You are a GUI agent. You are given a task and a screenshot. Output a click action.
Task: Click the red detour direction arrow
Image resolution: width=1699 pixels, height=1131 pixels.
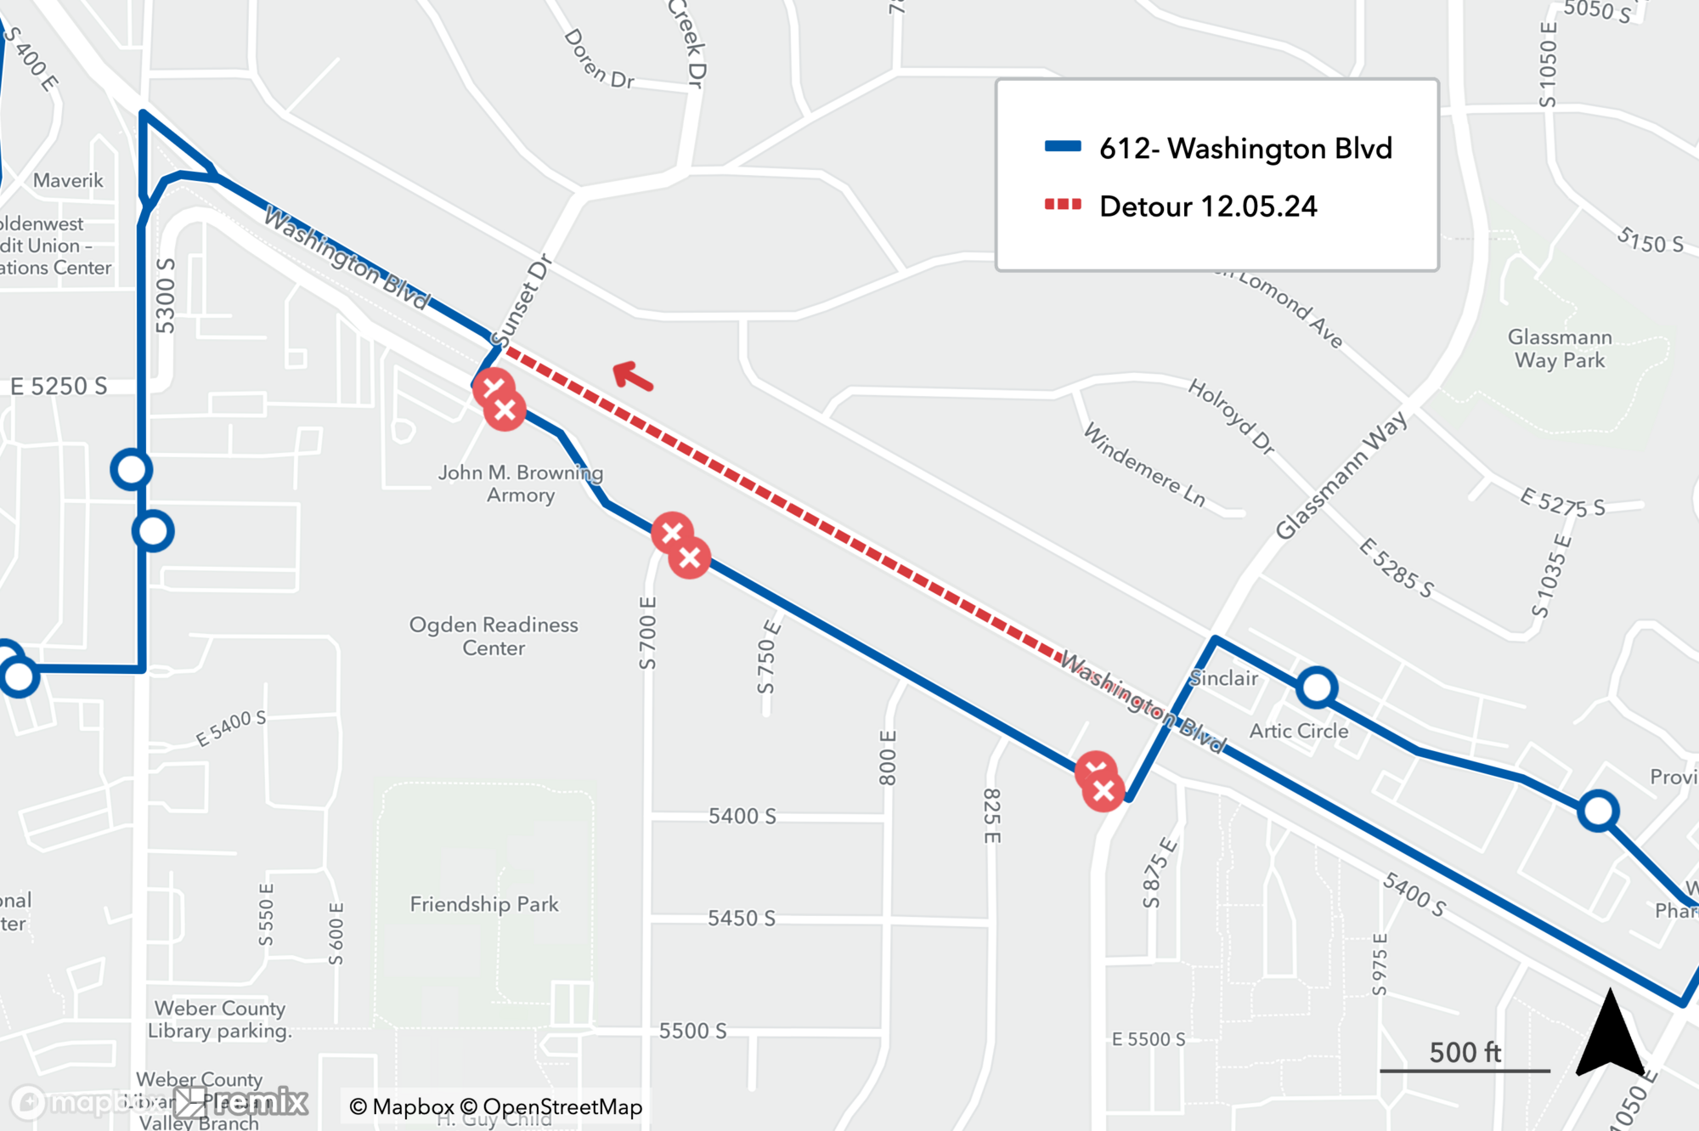pyautogui.click(x=633, y=376)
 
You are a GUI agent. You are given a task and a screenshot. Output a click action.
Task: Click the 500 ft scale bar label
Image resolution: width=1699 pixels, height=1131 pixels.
pyautogui.click(x=1465, y=1052)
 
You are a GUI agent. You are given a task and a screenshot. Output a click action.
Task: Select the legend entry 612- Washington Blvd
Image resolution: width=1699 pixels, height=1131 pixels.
pyautogui.click(x=1245, y=149)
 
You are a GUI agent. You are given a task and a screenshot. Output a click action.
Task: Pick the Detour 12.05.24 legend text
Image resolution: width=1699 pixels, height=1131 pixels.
pyautogui.click(x=1207, y=206)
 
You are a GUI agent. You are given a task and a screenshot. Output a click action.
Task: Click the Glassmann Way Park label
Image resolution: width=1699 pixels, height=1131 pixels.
pyautogui.click(x=1560, y=348)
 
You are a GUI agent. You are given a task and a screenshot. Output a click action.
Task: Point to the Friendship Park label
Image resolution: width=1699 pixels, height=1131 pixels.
pyautogui.click(x=484, y=904)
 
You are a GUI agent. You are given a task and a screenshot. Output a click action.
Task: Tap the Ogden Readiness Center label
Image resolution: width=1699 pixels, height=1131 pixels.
pyautogui.click(x=494, y=636)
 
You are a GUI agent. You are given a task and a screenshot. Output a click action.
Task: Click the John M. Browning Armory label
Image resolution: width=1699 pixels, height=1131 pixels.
pyautogui.click(x=520, y=484)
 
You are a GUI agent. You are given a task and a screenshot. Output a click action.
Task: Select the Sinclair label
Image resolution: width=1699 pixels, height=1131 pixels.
pyautogui.click(x=1223, y=678)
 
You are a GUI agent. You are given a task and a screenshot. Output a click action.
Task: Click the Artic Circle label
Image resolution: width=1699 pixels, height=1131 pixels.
pyautogui.click(x=1298, y=731)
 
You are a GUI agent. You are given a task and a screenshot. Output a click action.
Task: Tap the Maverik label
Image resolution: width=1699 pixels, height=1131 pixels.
pyautogui.click(x=68, y=180)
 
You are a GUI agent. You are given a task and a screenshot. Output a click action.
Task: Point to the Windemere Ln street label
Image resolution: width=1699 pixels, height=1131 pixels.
pyautogui.click(x=1144, y=466)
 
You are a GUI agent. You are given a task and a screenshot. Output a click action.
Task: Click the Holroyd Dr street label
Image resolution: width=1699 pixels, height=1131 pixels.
pyautogui.click(x=1231, y=416)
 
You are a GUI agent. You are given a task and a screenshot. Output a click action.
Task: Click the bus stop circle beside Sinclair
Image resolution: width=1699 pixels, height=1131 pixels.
pyautogui.click(x=1317, y=687)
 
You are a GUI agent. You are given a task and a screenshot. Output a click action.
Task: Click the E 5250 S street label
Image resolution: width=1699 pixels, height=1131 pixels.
pyautogui.click(x=59, y=387)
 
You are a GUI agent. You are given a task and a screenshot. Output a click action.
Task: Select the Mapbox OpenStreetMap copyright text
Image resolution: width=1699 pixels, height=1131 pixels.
pyautogui.click(x=496, y=1106)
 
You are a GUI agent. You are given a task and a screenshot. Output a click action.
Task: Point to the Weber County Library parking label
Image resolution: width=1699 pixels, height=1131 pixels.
pyautogui.click(x=219, y=1020)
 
